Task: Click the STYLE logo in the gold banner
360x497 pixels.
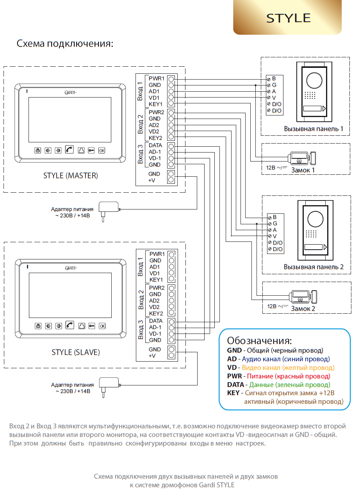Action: tap(288, 18)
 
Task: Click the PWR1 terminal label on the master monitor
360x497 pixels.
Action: tap(157, 78)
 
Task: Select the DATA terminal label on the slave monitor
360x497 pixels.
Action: tap(156, 321)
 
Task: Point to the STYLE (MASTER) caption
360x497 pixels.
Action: tap(71, 176)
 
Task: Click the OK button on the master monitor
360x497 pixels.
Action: tap(102, 150)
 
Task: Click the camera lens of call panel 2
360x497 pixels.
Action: tap(315, 219)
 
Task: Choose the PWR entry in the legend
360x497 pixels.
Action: tap(234, 376)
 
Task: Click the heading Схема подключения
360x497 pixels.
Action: tap(65, 43)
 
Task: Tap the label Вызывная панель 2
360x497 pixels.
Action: tap(314, 267)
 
